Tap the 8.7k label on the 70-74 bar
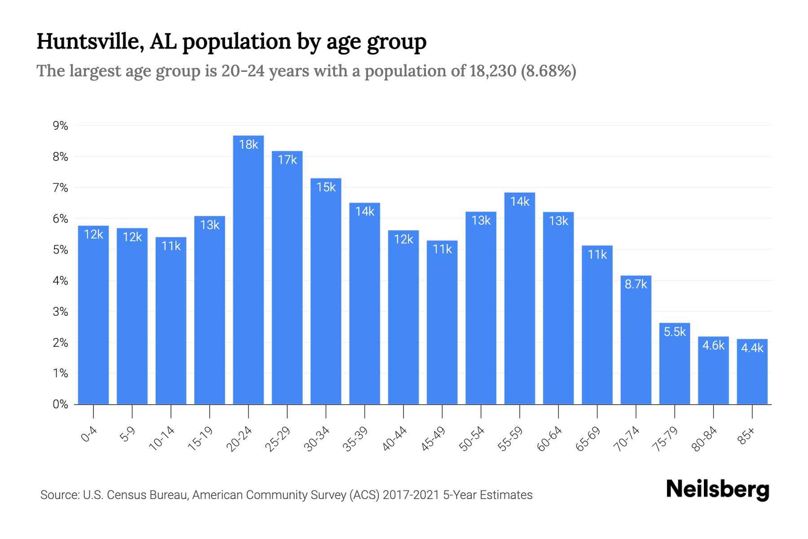636,284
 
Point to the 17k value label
287,160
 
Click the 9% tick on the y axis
60,126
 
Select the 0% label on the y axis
60,404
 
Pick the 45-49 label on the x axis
433,438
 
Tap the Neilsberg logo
717,490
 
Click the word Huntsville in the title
90,41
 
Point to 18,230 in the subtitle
493,71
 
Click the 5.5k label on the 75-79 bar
674,332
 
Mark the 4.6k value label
713,345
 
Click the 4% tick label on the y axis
60,281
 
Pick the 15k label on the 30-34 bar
326,187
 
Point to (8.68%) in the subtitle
549,71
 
